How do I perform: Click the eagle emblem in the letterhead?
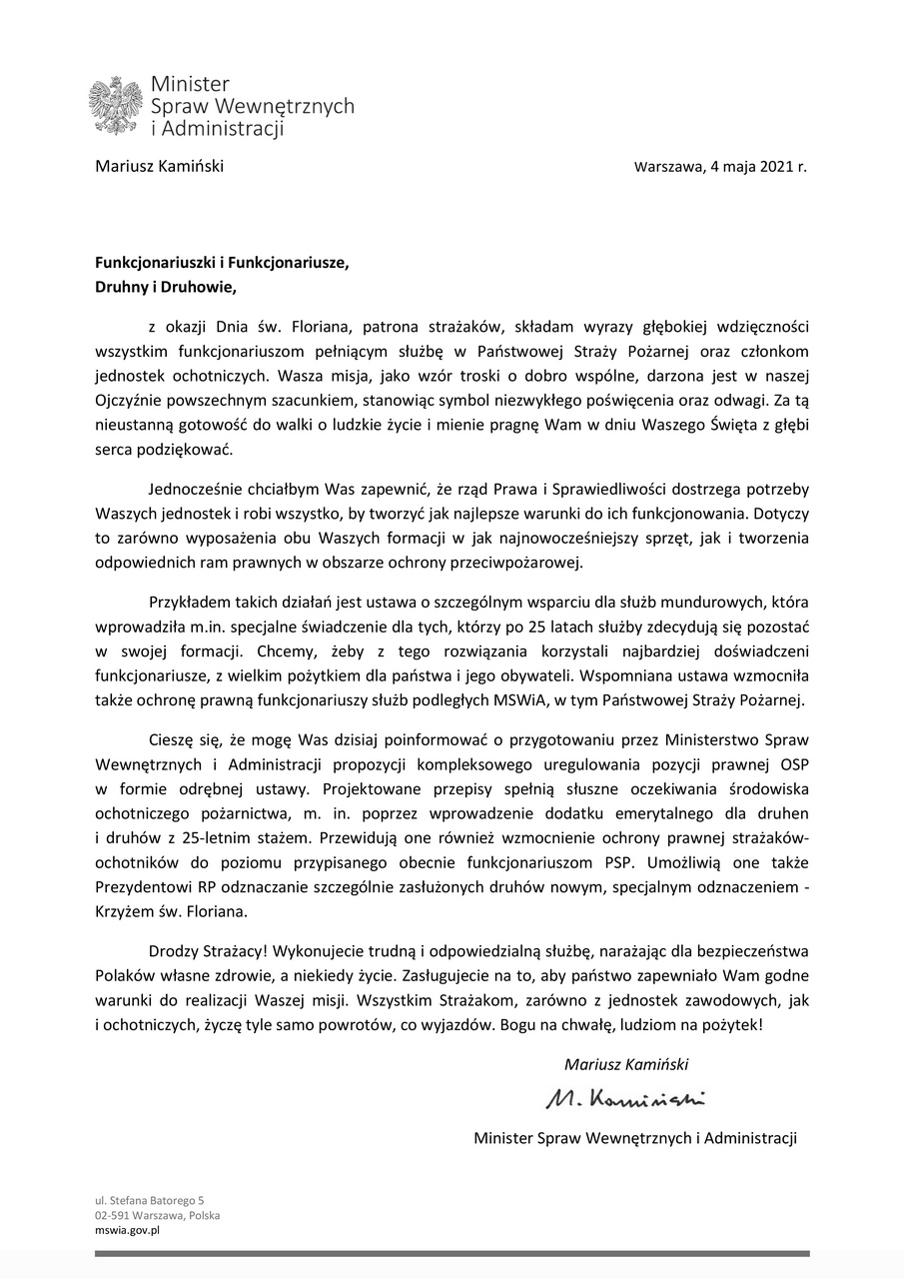[x=116, y=105]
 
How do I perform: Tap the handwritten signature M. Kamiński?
[x=625, y=1099]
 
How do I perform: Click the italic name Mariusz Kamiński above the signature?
[x=626, y=1063]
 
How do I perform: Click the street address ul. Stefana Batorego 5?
[x=150, y=1200]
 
